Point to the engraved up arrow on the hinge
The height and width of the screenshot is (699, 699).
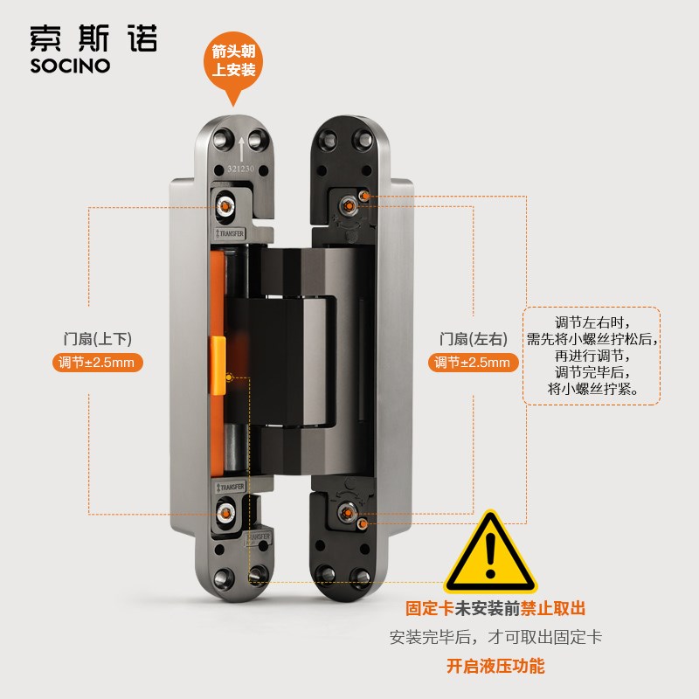click(240, 146)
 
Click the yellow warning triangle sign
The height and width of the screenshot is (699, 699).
click(489, 554)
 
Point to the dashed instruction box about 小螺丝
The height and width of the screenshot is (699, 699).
click(592, 356)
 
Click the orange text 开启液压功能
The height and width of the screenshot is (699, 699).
click(495, 666)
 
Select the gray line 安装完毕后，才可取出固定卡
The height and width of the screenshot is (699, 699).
click(495, 637)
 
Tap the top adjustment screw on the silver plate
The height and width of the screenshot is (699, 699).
click(226, 206)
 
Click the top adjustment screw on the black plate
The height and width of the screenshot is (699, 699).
click(349, 206)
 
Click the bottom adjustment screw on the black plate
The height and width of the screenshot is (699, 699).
click(349, 511)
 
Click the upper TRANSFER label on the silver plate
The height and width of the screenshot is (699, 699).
click(231, 233)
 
